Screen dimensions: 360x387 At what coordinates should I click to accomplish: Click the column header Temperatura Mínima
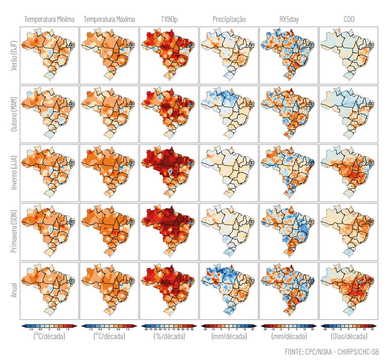click(49, 20)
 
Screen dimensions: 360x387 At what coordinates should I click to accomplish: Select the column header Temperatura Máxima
click(109, 20)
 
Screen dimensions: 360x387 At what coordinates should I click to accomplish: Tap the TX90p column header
click(169, 20)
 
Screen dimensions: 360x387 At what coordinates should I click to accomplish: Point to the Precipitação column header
click(229, 20)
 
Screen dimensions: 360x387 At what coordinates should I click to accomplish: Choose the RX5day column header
click(289, 20)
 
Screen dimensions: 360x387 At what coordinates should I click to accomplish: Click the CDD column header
click(349, 20)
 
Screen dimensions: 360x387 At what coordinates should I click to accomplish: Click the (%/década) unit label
click(169, 335)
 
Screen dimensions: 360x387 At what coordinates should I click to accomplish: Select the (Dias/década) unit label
click(349, 335)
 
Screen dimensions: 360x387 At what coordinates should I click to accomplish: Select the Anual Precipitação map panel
click(229, 290)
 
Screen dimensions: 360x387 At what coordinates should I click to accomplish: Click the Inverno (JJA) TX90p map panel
click(169, 173)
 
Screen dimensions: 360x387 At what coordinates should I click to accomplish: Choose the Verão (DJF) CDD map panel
click(349, 55)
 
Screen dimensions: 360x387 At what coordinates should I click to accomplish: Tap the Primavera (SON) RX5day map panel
click(289, 231)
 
